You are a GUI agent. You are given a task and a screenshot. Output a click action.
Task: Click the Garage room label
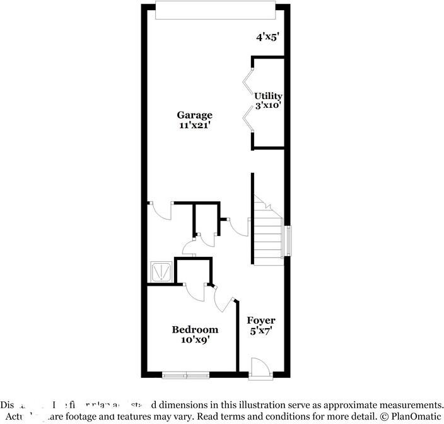(194, 115)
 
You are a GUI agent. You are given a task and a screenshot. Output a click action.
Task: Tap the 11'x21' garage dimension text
(194, 125)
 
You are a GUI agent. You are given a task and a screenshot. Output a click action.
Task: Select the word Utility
(268, 97)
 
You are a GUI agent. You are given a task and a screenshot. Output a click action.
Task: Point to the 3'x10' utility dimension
(268, 106)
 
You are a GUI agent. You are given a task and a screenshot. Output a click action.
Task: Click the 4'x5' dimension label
(267, 37)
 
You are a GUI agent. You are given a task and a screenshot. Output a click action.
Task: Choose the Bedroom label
(196, 329)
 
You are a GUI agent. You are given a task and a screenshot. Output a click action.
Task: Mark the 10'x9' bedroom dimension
(196, 339)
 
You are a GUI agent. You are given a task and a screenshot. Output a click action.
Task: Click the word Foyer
(261, 321)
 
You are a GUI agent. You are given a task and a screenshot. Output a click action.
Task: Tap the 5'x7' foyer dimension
(261, 330)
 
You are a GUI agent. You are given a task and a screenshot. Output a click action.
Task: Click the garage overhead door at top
(215, 10)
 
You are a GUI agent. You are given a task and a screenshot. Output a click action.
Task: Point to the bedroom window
(185, 375)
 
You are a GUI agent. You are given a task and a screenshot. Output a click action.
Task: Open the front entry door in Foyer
(259, 368)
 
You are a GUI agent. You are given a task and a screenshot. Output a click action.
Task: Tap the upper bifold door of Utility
(248, 81)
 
